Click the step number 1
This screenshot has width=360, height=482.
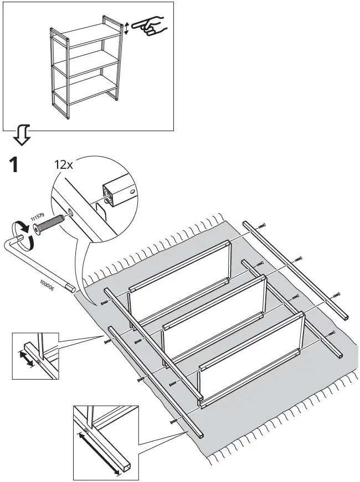pos(16,165)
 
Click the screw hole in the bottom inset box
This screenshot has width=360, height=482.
pos(86,432)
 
